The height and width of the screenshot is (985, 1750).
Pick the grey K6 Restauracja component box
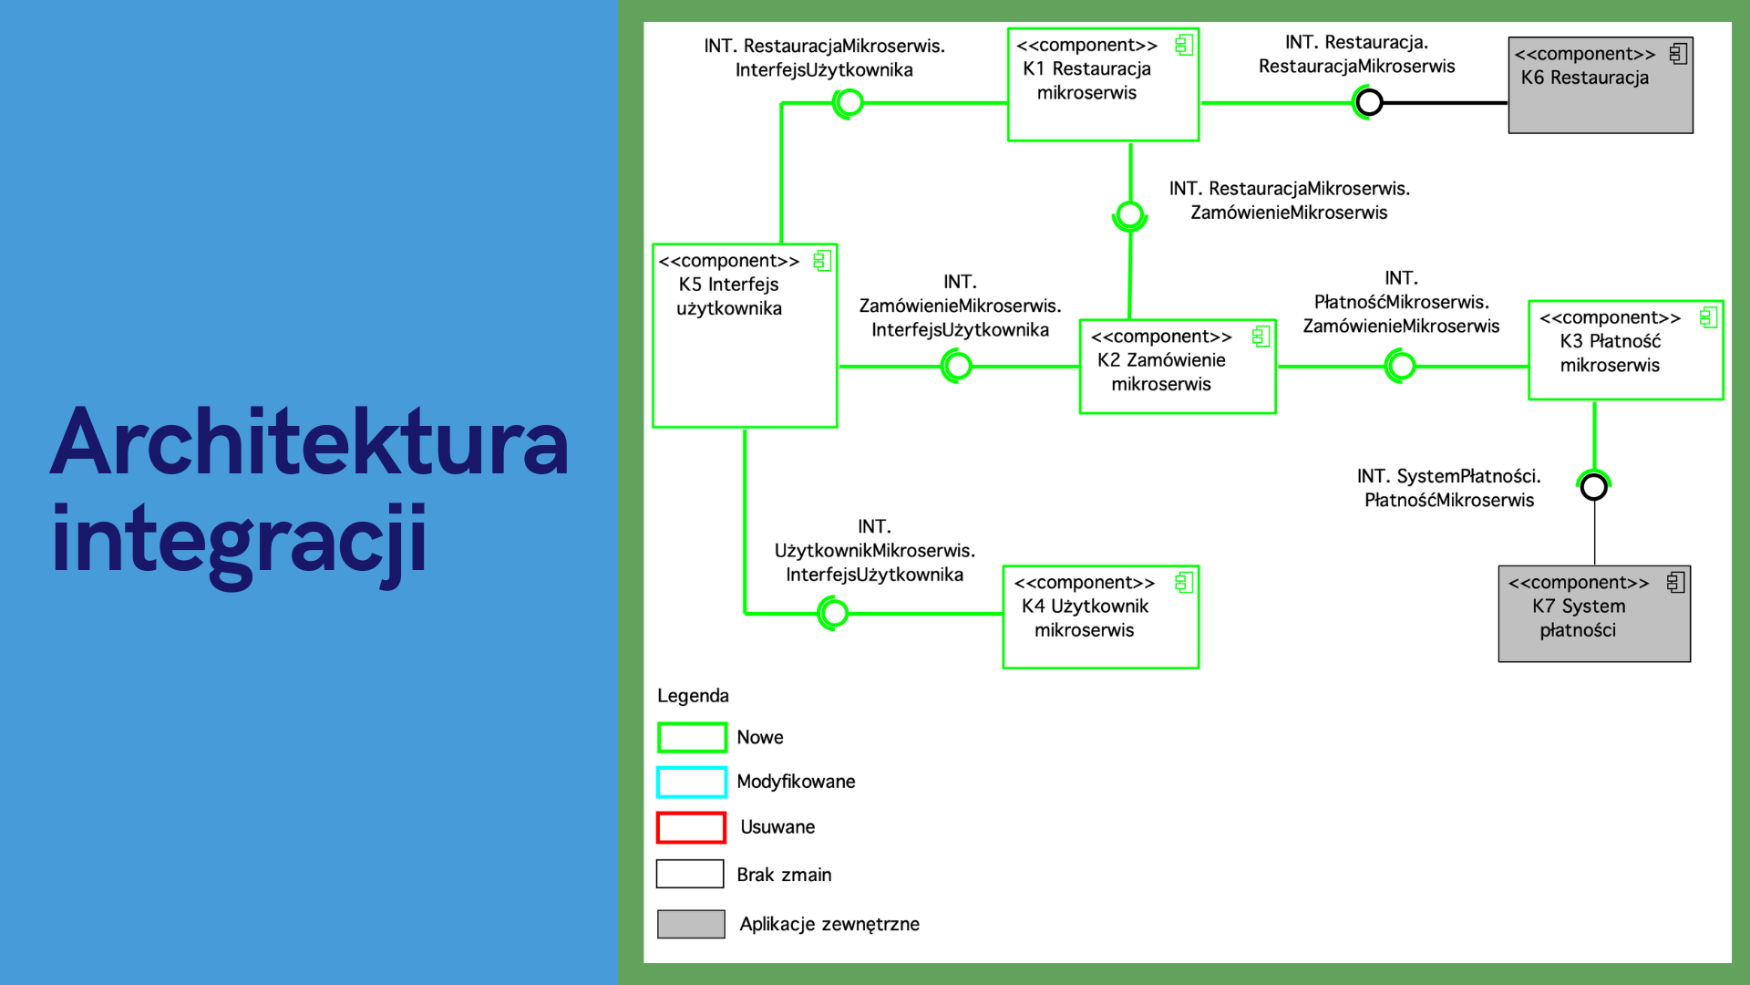[x=1601, y=86]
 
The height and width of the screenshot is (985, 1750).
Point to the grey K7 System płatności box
[x=1594, y=614]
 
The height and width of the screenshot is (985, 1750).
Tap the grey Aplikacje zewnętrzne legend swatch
[x=691, y=924]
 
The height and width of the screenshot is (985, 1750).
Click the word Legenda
[x=693, y=696]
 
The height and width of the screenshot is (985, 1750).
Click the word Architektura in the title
[x=310, y=442]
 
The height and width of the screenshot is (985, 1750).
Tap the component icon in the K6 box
[x=1678, y=54]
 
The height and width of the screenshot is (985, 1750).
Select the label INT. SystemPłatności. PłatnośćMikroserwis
[x=1449, y=488]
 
